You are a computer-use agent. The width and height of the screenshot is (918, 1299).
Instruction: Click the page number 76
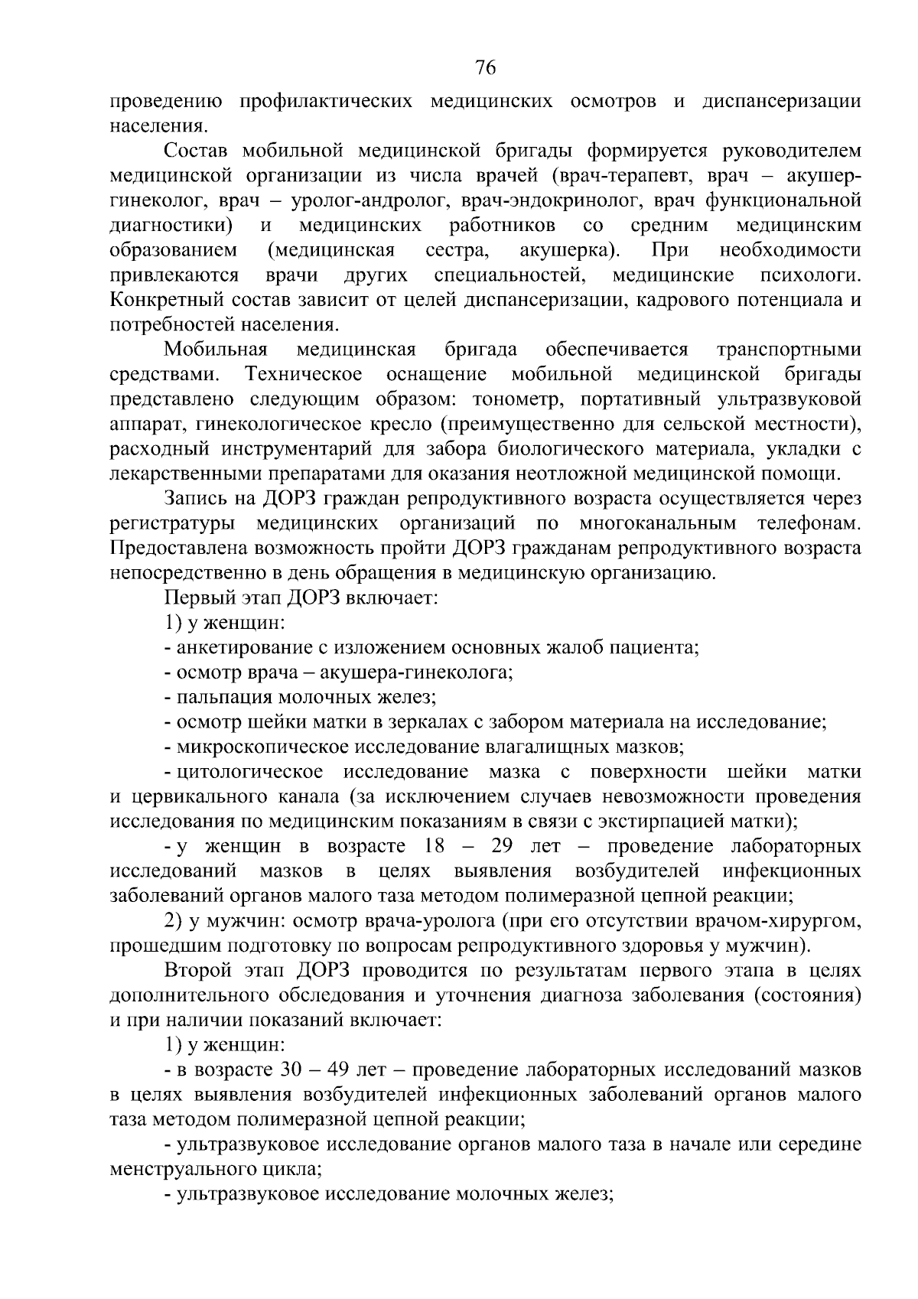pyautogui.click(x=486, y=68)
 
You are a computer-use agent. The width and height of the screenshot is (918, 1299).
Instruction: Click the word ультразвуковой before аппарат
pyautogui.click(x=789, y=399)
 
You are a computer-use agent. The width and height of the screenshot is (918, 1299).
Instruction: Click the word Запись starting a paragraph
pyautogui.click(x=194, y=499)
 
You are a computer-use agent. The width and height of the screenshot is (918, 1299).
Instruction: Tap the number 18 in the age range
pyautogui.click(x=432, y=847)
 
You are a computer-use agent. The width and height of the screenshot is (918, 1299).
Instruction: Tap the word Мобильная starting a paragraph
pyautogui.click(x=215, y=350)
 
